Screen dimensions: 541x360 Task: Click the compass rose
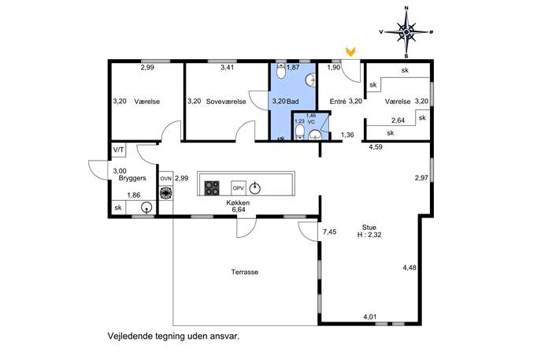pyautogui.click(x=406, y=32)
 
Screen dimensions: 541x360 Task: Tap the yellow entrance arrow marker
pyautogui.click(x=351, y=52)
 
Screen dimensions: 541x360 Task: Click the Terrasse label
pyautogui.click(x=245, y=272)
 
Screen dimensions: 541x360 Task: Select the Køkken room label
pyautogui.click(x=238, y=202)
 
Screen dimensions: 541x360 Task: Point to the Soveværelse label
pyautogui.click(x=226, y=102)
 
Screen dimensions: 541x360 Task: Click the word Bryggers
pyautogui.click(x=132, y=178)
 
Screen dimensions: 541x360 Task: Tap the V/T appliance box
pyautogui.click(x=119, y=150)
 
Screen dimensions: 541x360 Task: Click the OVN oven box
pyautogui.click(x=166, y=179)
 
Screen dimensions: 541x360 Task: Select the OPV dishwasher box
pyautogui.click(x=239, y=188)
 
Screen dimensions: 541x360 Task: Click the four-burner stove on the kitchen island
pyautogui.click(x=212, y=188)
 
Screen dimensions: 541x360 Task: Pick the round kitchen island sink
pyautogui.click(x=254, y=188)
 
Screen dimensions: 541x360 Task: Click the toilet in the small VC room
pyautogui.click(x=300, y=132)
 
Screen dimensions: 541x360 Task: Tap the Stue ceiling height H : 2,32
pyautogui.click(x=369, y=235)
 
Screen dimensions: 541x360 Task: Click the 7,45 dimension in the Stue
pyautogui.click(x=329, y=232)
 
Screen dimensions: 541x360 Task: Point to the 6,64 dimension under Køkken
pyautogui.click(x=239, y=210)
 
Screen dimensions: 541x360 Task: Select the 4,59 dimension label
pyautogui.click(x=376, y=147)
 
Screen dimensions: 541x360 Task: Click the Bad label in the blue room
pyautogui.click(x=293, y=102)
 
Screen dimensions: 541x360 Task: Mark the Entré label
pyautogui.click(x=338, y=102)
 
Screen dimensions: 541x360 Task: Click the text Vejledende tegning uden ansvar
pyautogui.click(x=173, y=336)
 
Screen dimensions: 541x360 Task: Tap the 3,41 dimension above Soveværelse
pyautogui.click(x=228, y=67)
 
